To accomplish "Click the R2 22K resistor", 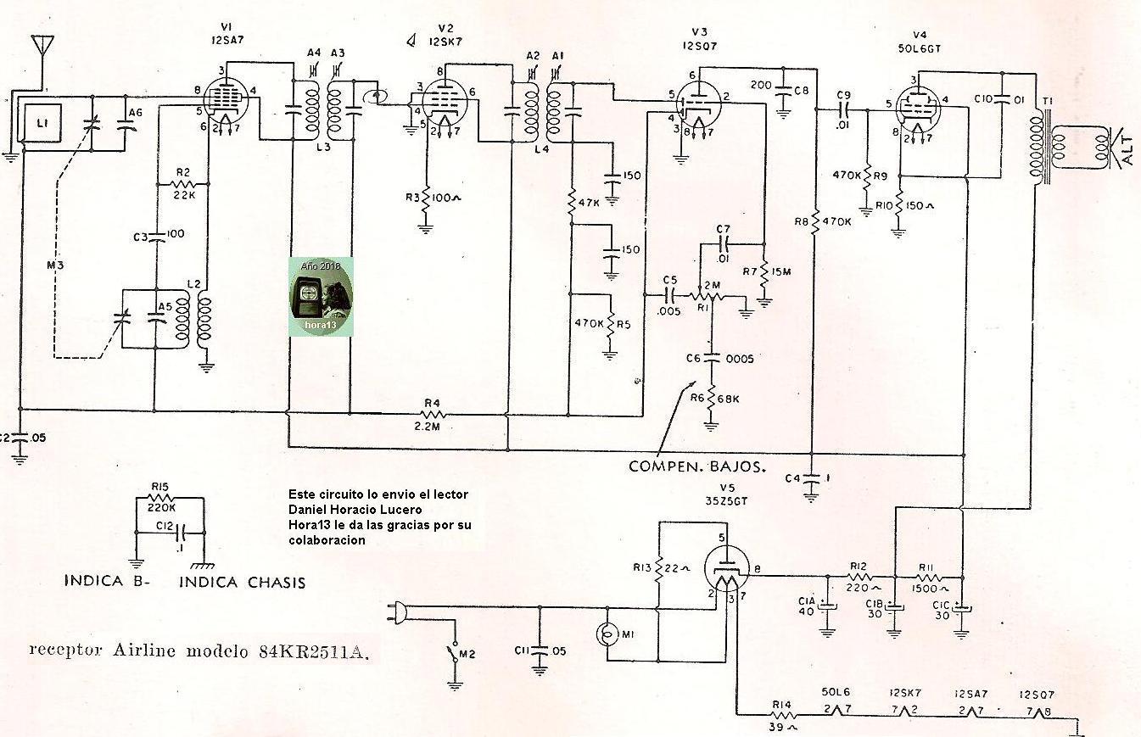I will [x=184, y=183].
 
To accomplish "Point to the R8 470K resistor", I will [x=814, y=223].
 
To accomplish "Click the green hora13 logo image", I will [x=321, y=297].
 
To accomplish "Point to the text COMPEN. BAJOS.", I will [x=697, y=466].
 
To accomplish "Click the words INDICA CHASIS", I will [x=242, y=582].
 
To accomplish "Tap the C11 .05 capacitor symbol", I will [x=539, y=651].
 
